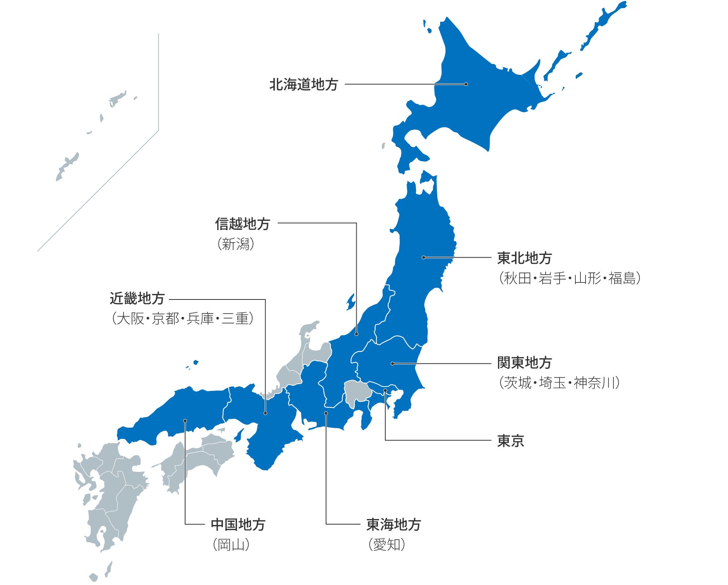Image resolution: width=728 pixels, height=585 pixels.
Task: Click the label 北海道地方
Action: coord(304,84)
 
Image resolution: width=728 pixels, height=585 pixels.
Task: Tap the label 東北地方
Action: coord(524,258)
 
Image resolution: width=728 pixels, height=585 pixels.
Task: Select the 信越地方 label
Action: coord(242,224)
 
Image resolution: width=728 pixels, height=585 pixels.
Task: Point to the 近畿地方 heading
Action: coord(137,298)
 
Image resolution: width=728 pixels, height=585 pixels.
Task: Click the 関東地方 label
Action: coord(524,363)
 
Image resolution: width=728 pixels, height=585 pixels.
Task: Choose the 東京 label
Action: coord(510,441)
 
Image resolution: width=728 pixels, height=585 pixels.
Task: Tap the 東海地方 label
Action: coord(393,525)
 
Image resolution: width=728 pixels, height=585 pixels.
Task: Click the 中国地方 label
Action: coord(238,525)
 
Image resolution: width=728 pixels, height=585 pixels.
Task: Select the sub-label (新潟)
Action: coord(235,244)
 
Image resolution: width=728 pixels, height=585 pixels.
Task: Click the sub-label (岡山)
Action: coord(231,545)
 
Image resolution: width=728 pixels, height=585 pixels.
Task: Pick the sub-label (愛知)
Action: coord(386,545)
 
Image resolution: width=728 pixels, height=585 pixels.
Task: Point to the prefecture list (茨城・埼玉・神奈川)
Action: coord(559,383)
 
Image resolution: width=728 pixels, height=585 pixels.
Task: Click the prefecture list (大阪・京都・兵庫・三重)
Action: coord(182,318)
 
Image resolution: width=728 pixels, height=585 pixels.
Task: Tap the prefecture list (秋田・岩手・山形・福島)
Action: coord(569,278)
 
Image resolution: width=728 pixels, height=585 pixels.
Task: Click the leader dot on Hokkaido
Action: coord(466,84)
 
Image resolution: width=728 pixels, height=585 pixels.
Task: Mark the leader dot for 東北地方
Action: coord(424,257)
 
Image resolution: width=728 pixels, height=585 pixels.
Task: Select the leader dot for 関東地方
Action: coord(393,363)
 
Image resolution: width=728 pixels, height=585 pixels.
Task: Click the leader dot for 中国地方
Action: coord(185,421)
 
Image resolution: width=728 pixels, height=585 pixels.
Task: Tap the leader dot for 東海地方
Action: coord(326,413)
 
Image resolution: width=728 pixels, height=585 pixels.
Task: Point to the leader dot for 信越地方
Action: coord(356,334)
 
